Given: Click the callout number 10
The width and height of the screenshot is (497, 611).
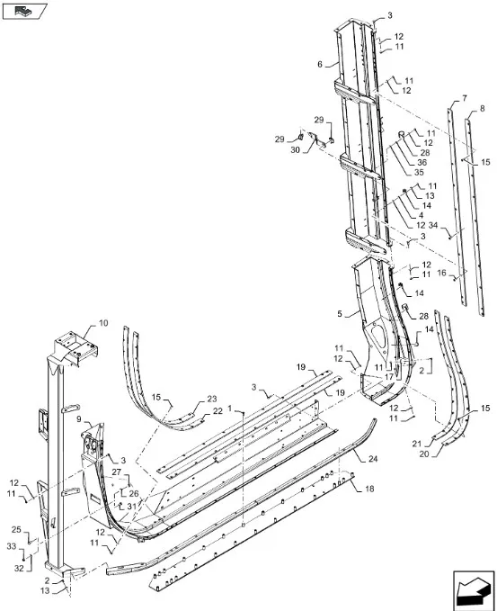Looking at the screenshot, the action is (x=103, y=323).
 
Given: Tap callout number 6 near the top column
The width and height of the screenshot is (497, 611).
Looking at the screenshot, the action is (x=320, y=64).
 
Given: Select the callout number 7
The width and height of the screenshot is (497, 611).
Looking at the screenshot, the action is (x=465, y=98).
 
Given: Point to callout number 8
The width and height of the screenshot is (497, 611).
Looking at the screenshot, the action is (x=483, y=109).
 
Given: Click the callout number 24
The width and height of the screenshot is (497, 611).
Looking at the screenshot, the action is (x=373, y=459).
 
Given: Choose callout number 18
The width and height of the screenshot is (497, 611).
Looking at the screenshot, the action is (x=369, y=489).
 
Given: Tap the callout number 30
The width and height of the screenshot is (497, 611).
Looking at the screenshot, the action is (x=296, y=149).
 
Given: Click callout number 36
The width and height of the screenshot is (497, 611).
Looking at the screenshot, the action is (x=422, y=163).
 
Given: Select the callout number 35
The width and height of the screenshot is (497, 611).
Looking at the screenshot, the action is (x=419, y=173).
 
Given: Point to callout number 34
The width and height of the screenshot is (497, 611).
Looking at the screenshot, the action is (x=433, y=225).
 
